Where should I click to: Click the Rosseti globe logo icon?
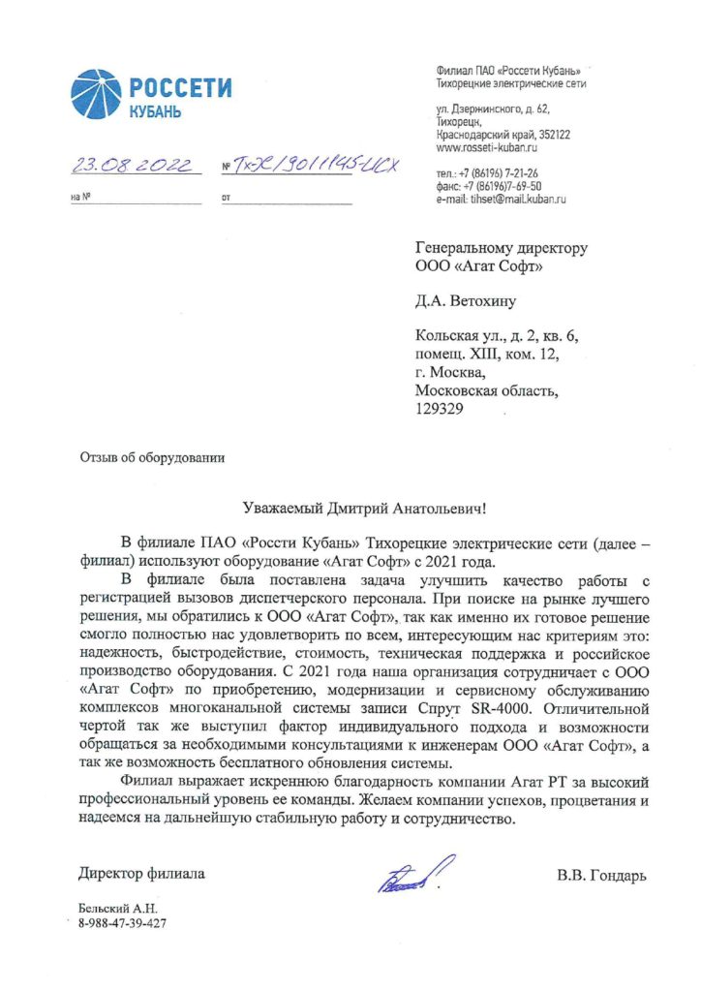[95, 94]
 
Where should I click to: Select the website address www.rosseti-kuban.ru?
[484, 148]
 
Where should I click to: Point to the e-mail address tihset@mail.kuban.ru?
[501, 198]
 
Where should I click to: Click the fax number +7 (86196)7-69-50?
[489, 186]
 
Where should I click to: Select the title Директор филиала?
[141, 874]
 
